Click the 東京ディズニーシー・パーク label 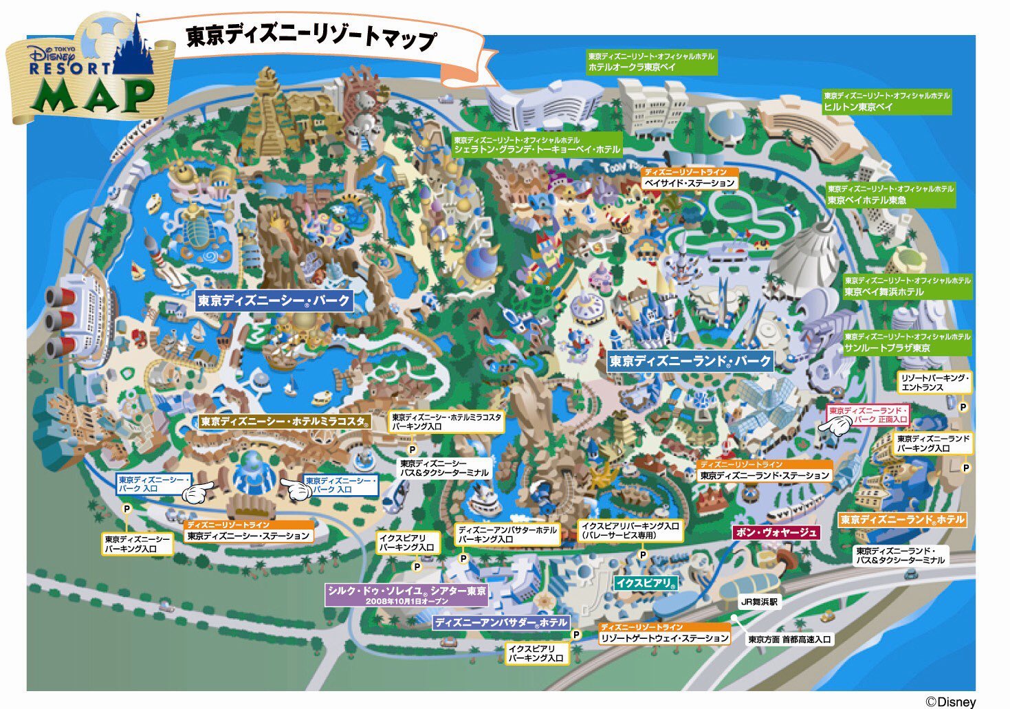point(274,301)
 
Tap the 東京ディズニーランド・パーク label point(690,360)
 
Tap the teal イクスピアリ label point(646,583)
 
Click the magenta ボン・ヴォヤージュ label point(776,532)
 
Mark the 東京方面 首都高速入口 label point(790,640)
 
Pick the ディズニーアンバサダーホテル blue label point(501,622)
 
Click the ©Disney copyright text point(950,701)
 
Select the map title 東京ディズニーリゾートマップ point(311,37)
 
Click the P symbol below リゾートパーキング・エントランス point(963,407)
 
